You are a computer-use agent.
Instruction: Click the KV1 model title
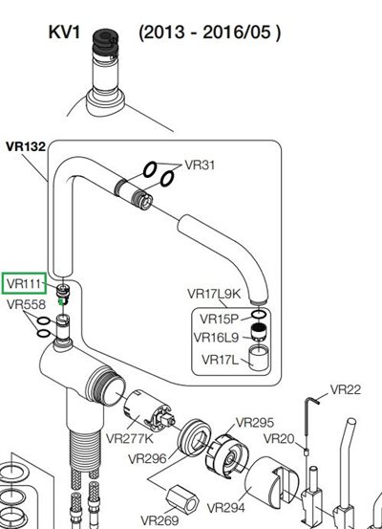[x=64, y=33]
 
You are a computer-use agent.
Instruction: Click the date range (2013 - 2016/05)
[x=209, y=33]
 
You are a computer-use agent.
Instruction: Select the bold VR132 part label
[x=26, y=146]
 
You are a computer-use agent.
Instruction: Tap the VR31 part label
[x=200, y=165]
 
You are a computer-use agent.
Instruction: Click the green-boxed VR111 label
[x=25, y=283]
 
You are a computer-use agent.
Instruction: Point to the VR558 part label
[x=26, y=304]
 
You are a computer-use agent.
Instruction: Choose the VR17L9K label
[x=214, y=294]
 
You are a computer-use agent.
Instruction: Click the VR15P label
[x=220, y=319]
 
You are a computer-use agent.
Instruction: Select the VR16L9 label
[x=216, y=338]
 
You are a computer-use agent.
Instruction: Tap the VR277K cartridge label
[x=129, y=438]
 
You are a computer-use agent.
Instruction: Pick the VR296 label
[x=147, y=458]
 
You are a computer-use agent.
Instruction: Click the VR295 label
[x=255, y=422]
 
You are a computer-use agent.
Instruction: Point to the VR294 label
[x=225, y=507]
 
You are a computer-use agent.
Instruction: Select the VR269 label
[x=159, y=520]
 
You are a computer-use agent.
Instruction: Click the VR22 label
[x=346, y=389]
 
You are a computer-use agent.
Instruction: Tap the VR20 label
[x=279, y=439]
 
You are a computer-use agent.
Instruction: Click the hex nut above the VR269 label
[x=182, y=500]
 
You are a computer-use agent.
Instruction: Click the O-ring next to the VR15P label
[x=259, y=315]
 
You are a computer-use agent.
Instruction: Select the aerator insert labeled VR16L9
[x=260, y=332]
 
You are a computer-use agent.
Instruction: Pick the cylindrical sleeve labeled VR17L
[x=259, y=359]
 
